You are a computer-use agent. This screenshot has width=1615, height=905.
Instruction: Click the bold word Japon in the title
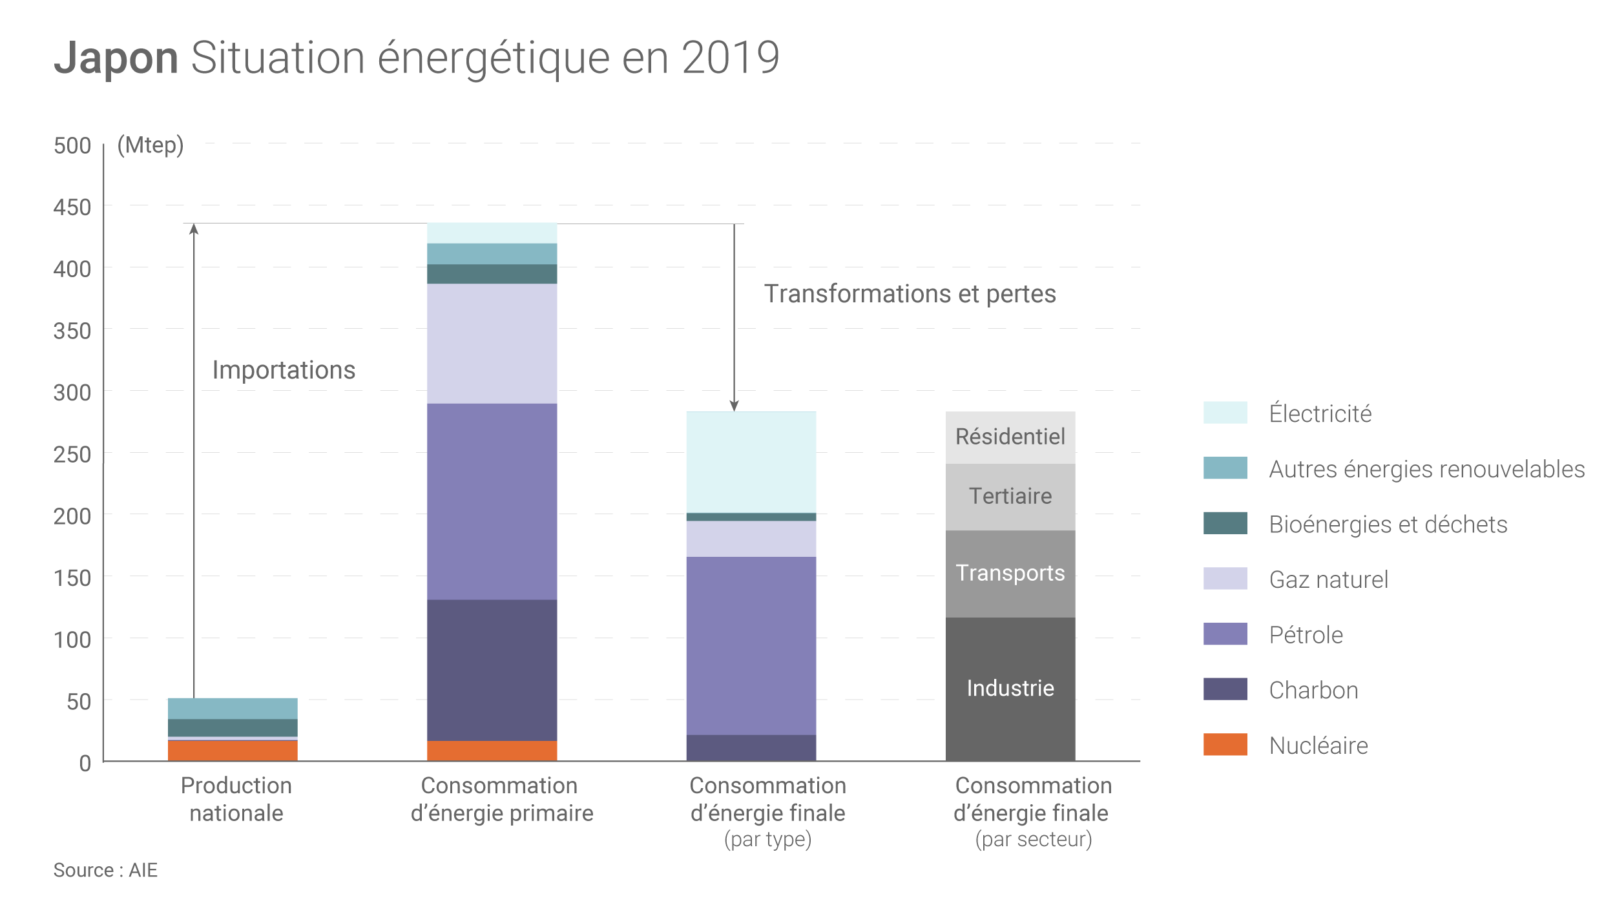(116, 58)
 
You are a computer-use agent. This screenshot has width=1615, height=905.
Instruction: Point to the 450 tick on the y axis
(72, 207)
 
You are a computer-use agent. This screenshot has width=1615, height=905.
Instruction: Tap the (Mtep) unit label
(151, 145)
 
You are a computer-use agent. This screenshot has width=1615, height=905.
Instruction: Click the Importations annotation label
(284, 370)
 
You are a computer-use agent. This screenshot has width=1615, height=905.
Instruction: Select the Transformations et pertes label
(910, 294)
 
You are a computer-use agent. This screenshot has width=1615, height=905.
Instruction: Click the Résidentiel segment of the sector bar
(1010, 437)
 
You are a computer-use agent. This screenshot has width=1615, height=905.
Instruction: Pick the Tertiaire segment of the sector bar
(1010, 497)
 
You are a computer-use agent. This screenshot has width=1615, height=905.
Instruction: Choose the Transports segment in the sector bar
(1010, 574)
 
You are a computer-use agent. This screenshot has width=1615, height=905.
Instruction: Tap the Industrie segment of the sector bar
(1010, 689)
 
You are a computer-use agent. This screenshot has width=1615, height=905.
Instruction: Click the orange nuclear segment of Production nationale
(233, 751)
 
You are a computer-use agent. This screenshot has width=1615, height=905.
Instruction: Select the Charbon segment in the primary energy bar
(492, 670)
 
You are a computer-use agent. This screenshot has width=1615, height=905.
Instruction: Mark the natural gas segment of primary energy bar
(492, 344)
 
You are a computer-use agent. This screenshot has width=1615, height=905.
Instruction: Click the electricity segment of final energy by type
(751, 463)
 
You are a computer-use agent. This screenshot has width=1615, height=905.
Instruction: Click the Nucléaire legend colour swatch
(1225, 745)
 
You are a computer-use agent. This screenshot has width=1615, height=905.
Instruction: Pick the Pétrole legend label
(1306, 635)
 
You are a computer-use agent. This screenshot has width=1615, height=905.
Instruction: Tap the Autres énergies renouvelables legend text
(1426, 469)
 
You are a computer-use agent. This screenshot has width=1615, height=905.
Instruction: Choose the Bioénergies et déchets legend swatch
(1225, 523)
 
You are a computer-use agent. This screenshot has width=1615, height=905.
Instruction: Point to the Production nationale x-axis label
(236, 799)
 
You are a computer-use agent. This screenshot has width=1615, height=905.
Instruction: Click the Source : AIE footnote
(105, 870)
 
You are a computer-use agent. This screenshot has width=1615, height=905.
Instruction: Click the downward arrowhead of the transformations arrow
(734, 406)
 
